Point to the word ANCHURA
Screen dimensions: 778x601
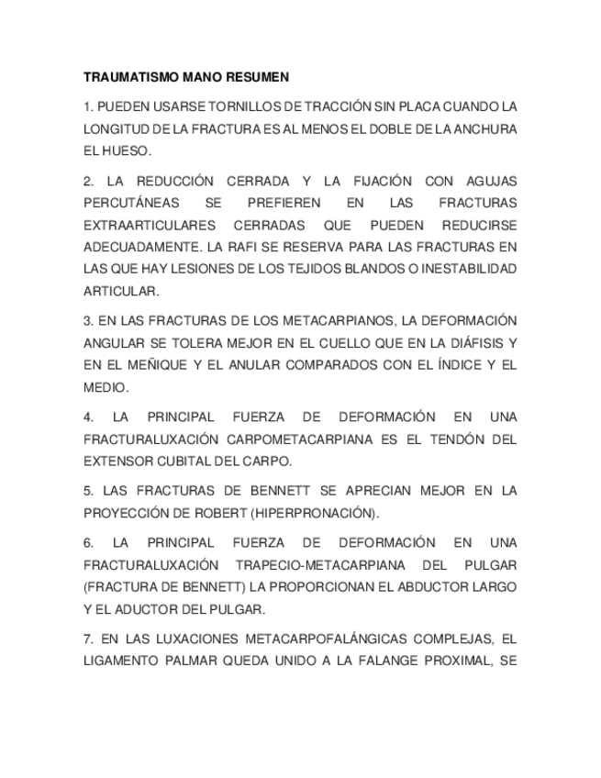(x=485, y=128)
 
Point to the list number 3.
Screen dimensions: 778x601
(x=87, y=321)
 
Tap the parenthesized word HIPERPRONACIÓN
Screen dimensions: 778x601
(x=320, y=514)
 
